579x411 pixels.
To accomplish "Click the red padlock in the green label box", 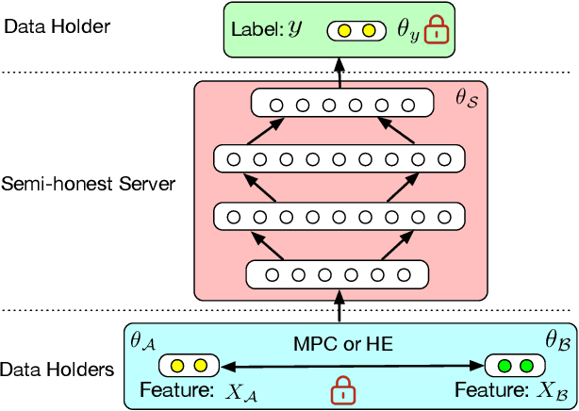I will [436, 32].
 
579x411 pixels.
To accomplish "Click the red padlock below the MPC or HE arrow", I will [341, 388].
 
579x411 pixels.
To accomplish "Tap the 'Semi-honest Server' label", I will [88, 183].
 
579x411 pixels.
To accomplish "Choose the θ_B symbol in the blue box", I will [554, 337].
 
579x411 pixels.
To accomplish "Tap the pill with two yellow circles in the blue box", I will [189, 365].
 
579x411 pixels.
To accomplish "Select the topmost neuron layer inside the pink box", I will [342, 104].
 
